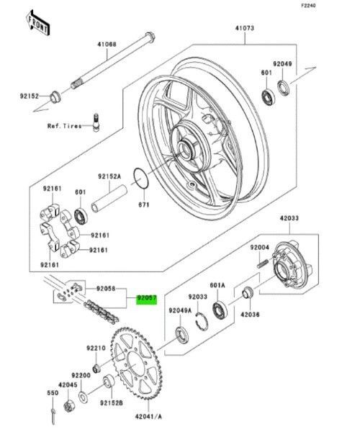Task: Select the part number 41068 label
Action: point(107,45)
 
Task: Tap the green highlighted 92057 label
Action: point(147,297)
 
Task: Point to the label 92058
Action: point(106,287)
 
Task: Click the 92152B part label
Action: point(112,402)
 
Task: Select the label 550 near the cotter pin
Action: point(53,393)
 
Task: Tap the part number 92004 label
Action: point(259,248)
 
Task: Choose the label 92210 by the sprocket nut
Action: point(96,348)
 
